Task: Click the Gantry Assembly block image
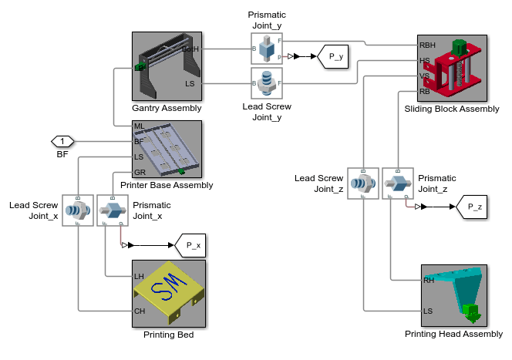(167, 67)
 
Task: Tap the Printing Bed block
(168, 294)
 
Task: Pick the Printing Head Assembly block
(454, 295)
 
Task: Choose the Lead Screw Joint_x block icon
(78, 210)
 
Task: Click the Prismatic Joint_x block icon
(112, 210)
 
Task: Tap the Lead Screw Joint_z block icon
(362, 183)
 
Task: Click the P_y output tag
(335, 56)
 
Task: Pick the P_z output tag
(470, 206)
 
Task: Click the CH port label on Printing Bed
(140, 311)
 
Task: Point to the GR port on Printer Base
(140, 172)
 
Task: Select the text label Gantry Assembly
(167, 108)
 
